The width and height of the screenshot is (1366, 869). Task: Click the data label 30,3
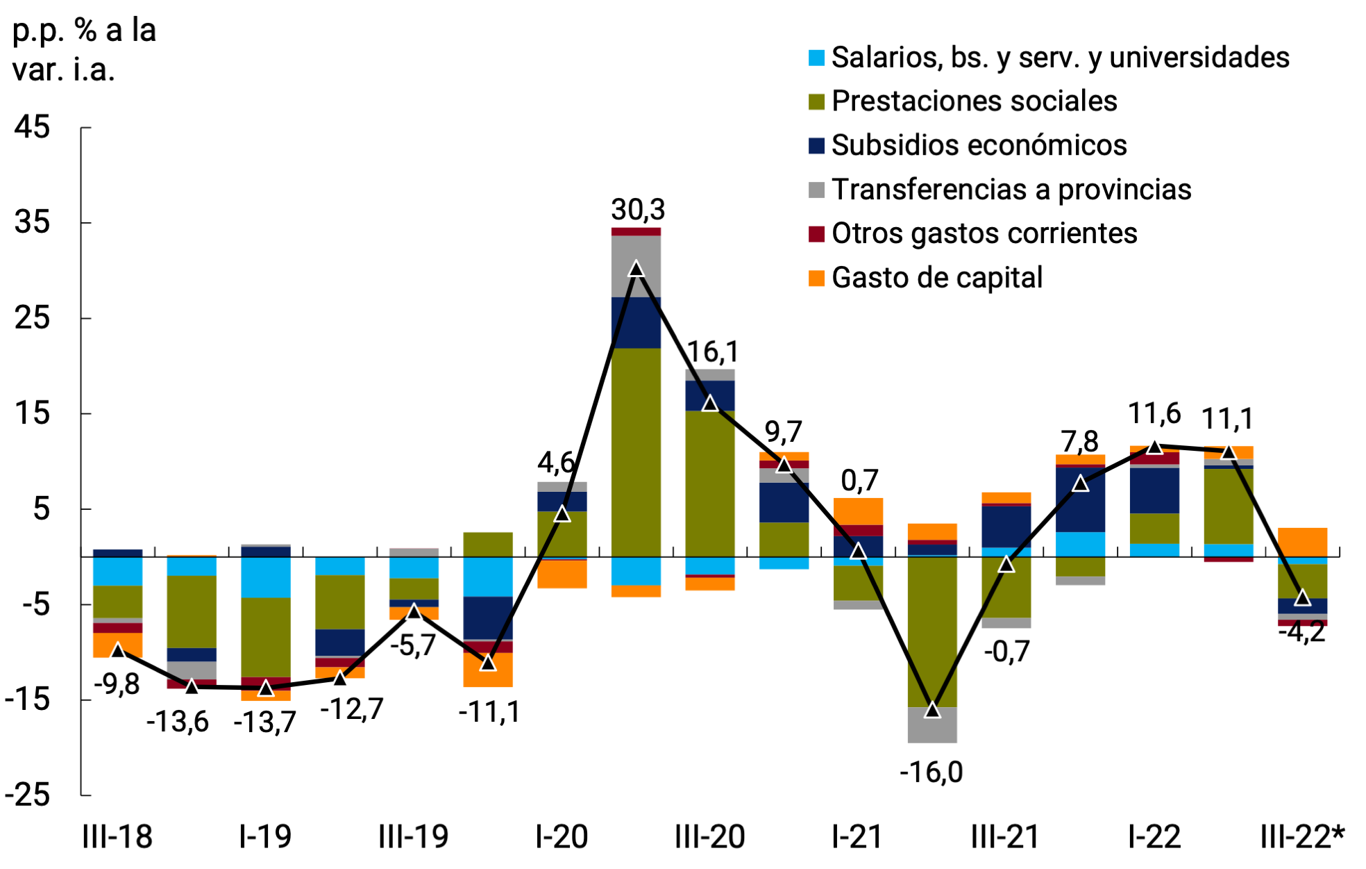coord(637,209)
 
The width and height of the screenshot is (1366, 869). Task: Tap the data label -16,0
coord(931,772)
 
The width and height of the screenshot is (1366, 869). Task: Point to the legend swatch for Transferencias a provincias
coord(817,190)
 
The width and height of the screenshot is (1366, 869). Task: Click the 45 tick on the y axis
coord(33,128)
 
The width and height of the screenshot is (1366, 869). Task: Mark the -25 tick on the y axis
coord(28,795)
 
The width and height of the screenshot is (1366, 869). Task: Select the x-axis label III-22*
coord(1302,837)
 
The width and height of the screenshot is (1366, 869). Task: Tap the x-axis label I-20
coord(562,837)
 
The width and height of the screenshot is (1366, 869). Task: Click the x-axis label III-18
coord(117,837)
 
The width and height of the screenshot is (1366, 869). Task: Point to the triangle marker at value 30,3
coord(636,270)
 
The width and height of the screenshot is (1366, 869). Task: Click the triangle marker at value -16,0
coord(932,710)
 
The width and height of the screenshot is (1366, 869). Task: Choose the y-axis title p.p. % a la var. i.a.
coord(84,50)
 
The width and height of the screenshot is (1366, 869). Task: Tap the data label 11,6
coord(1154,414)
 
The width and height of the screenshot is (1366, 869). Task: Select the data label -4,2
coord(1301,633)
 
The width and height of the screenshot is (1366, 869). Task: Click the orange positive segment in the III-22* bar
coord(1302,542)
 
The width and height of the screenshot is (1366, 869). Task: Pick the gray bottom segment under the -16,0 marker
coord(932,725)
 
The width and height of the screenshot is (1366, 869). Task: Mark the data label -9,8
coord(117,684)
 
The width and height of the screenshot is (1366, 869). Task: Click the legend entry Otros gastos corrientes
coord(984,233)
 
